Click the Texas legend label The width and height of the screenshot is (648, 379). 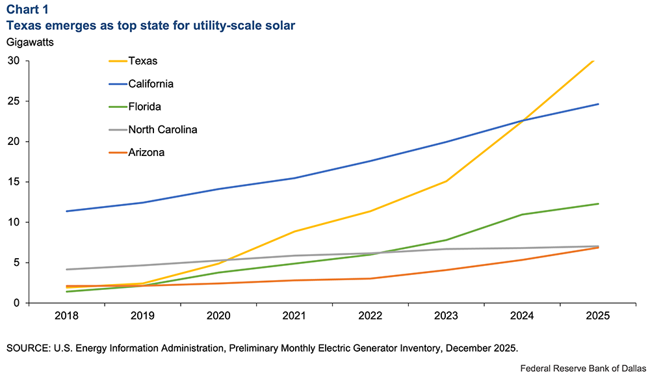tap(143, 61)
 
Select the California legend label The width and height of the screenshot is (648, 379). tap(151, 84)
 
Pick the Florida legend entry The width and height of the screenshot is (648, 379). tap(144, 107)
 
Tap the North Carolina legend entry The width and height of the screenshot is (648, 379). tap(162, 129)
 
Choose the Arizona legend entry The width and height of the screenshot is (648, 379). tap(146, 152)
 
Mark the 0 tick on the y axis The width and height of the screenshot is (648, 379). tap(18, 303)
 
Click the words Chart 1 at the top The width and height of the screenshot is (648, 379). tap(27, 11)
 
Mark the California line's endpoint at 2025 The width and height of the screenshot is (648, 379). tap(599, 104)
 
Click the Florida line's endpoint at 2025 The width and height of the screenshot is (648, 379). tap(599, 203)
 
